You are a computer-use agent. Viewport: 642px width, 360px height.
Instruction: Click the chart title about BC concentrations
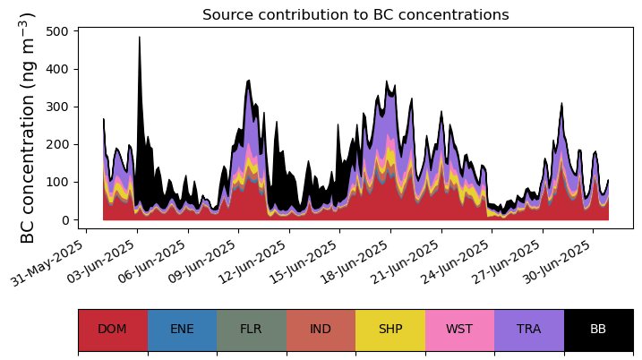pos(355,14)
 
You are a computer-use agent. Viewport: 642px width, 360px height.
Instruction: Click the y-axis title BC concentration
pos(27,128)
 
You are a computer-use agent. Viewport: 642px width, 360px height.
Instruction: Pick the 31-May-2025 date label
pos(48,263)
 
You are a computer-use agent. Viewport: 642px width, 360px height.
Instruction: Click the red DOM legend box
pos(113,330)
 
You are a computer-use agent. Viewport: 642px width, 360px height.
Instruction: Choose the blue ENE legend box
pos(182,330)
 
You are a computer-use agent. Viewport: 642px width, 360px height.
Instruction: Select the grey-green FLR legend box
pos(252,330)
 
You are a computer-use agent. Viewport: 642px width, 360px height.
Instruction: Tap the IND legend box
pos(321,330)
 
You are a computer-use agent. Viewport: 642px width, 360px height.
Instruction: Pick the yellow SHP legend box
pos(390,330)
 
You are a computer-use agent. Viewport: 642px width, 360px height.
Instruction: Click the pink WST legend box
pos(460,330)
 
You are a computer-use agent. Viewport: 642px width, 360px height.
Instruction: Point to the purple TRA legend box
pos(529,330)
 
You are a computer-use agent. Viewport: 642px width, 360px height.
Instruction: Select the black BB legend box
pos(599,330)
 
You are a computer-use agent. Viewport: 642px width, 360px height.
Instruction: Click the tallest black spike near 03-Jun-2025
pos(140,38)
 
